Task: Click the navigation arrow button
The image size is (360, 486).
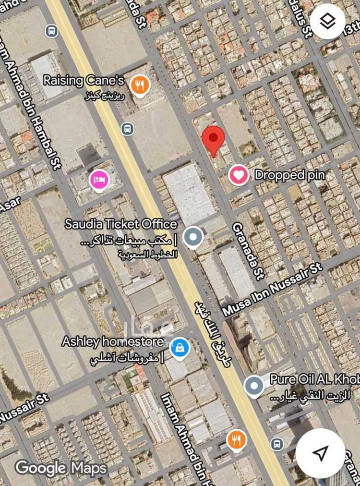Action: point(320,453)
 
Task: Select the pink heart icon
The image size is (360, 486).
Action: point(239,175)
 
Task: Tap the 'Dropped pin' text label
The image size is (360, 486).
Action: point(289,175)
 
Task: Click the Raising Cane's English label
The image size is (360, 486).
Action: point(84,80)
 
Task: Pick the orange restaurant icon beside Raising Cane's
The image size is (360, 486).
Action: point(140,86)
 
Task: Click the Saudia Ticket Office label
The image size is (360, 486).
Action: point(121,224)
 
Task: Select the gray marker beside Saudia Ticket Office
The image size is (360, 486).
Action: point(193,237)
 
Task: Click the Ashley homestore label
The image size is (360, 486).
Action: point(112,342)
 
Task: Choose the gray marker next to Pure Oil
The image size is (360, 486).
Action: point(253,385)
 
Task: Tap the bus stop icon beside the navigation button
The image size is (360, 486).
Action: point(276,443)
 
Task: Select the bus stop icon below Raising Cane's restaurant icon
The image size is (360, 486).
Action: point(127,128)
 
